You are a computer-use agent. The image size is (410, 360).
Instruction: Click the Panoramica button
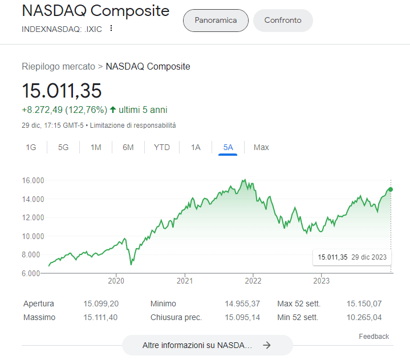click(x=216, y=21)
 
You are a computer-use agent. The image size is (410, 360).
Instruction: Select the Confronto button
click(x=283, y=21)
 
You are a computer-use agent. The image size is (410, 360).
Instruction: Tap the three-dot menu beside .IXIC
click(x=111, y=29)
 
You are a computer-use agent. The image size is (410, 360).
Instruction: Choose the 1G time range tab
click(x=31, y=147)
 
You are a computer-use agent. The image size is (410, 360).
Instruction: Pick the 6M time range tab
click(x=128, y=147)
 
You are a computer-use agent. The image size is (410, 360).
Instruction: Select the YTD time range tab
click(x=162, y=147)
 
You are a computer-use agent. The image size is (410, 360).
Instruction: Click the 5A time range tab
click(x=228, y=147)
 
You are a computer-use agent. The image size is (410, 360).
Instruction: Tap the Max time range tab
click(x=261, y=147)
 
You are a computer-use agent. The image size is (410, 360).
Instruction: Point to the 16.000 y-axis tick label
click(x=33, y=181)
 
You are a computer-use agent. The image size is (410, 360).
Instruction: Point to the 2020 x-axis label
click(x=116, y=281)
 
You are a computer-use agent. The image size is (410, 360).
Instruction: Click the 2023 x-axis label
click(x=321, y=281)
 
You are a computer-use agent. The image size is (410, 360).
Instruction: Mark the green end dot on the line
click(x=391, y=189)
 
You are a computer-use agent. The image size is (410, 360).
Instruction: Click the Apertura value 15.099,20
click(x=100, y=304)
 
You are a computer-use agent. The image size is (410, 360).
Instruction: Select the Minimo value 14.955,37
click(x=242, y=304)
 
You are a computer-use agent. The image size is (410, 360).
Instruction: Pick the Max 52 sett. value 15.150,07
click(x=364, y=304)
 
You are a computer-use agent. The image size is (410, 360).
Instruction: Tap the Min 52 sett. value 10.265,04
click(x=364, y=317)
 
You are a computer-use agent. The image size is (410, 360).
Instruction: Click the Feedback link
click(x=374, y=337)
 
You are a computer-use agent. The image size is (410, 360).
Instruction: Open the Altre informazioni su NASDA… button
click(x=207, y=345)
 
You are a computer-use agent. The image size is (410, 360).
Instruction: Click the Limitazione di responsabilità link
click(x=133, y=125)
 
